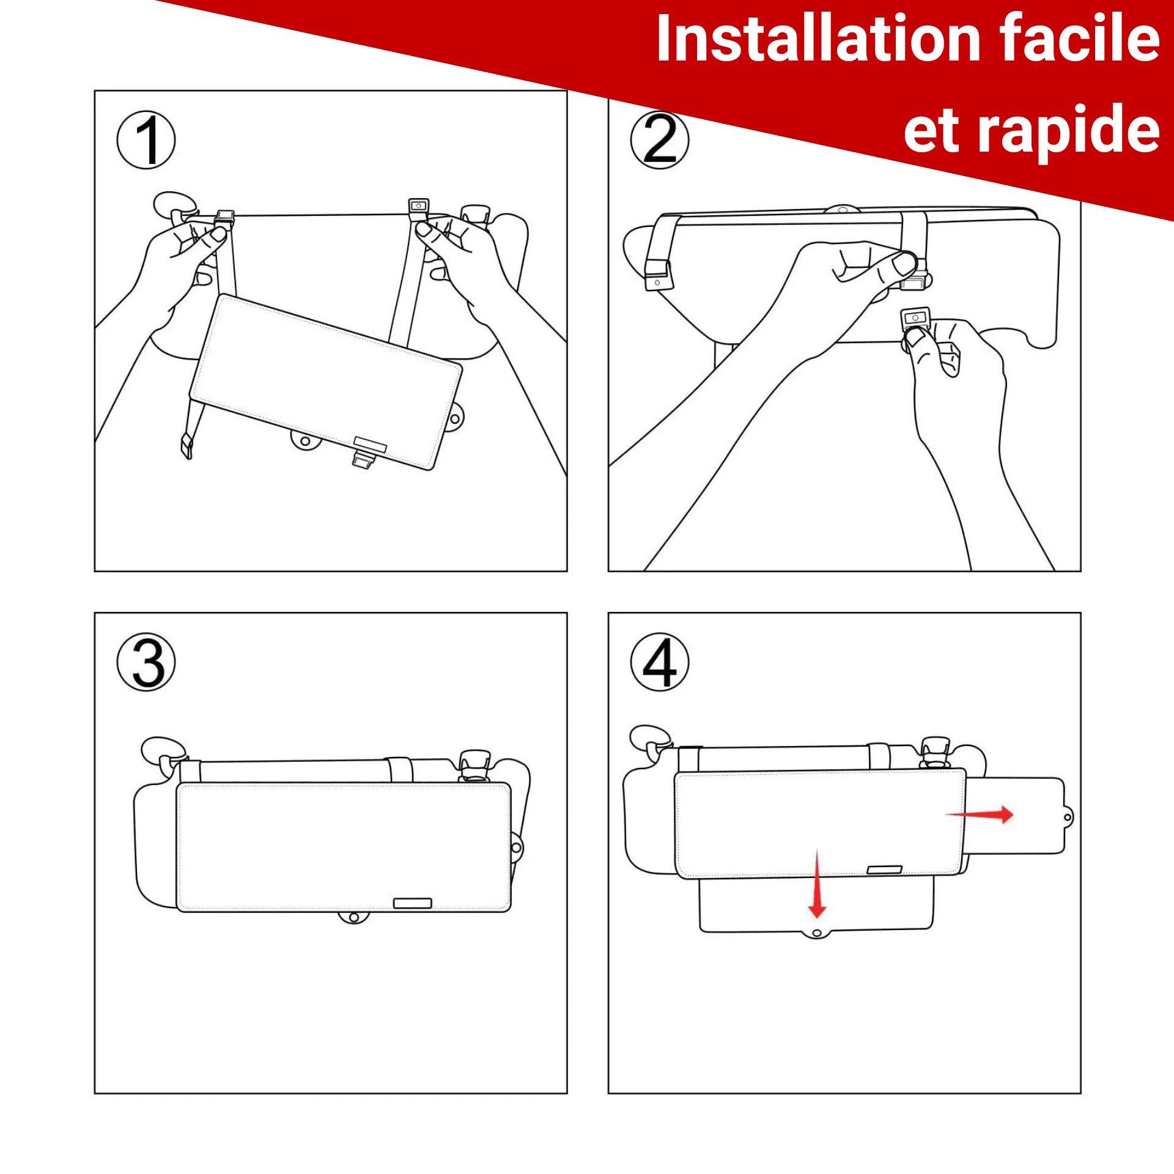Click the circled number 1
coord(146,140)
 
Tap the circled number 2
coord(660,140)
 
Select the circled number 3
coord(146,662)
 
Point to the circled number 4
coord(660,662)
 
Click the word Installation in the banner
coord(819,39)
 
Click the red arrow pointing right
coord(980,814)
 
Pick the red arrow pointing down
coord(817,884)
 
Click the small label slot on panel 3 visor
coord(412,903)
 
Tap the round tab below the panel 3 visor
coord(353,917)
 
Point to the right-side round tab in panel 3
coord(517,847)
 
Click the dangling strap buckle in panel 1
coord(186,446)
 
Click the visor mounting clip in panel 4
coord(935,751)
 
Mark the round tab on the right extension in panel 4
coord(1068,817)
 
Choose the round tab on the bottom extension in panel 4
coord(816,933)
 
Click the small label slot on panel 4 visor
coord(884,869)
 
